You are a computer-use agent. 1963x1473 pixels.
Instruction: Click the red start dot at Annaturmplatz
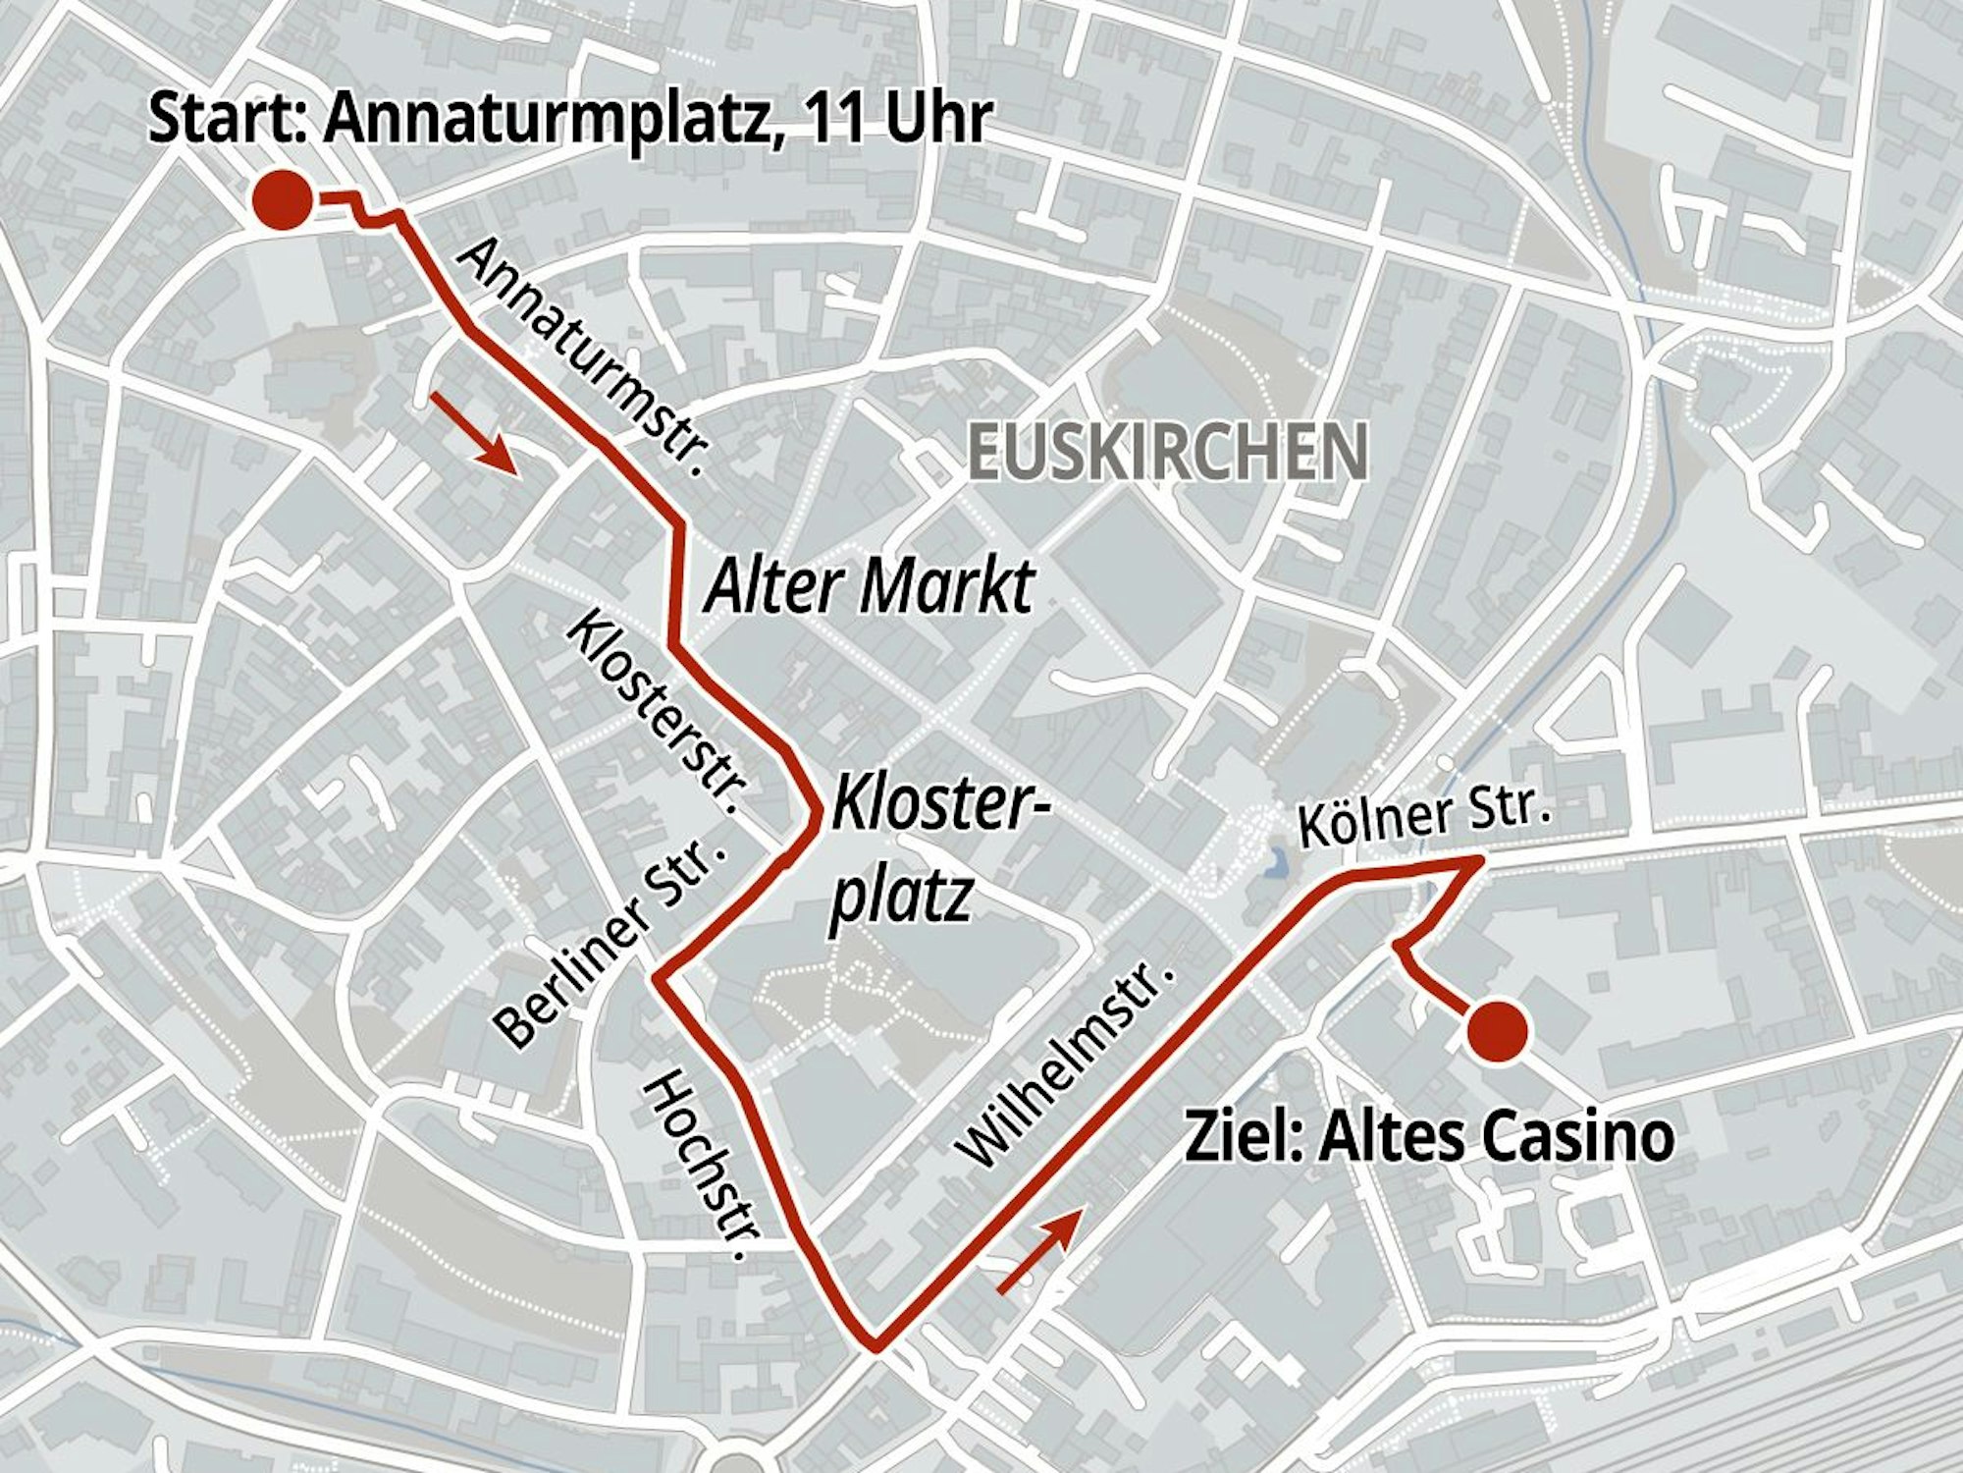(x=283, y=199)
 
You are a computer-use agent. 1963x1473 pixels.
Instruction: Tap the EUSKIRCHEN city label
(x=1167, y=452)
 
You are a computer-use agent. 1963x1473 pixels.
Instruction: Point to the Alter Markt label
(x=870, y=586)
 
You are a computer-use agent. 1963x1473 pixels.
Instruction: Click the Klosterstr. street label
(x=657, y=714)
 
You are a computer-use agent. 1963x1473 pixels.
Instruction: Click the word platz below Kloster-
(x=901, y=896)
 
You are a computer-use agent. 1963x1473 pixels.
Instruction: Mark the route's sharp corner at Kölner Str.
(x=1478, y=860)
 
